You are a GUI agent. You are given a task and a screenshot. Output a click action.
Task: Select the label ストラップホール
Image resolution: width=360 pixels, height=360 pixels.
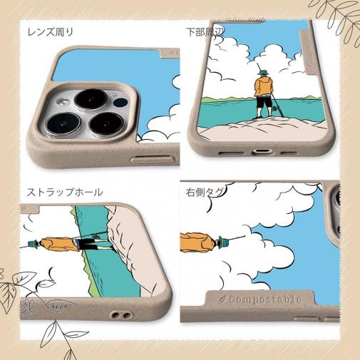65,192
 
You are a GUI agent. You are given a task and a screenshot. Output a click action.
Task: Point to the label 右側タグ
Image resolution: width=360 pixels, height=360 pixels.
203,192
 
